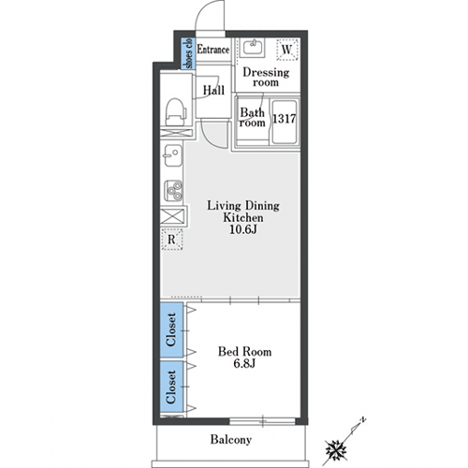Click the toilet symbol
click(x=176, y=112)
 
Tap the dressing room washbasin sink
click(x=254, y=48)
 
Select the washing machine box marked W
click(x=287, y=50)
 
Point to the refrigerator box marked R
click(x=172, y=240)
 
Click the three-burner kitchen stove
click(x=173, y=190)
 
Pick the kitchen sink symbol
click(x=172, y=155)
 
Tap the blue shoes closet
click(x=188, y=53)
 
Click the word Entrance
click(x=213, y=50)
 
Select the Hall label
click(x=213, y=90)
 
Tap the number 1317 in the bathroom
click(x=285, y=119)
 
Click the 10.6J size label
click(x=243, y=229)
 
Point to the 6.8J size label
click(x=244, y=363)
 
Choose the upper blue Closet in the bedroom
click(x=171, y=329)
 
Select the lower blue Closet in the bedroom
click(x=171, y=387)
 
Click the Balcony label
click(x=231, y=439)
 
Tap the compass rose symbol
click(x=336, y=449)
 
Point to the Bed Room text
click(x=244, y=352)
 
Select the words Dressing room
click(x=266, y=77)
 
